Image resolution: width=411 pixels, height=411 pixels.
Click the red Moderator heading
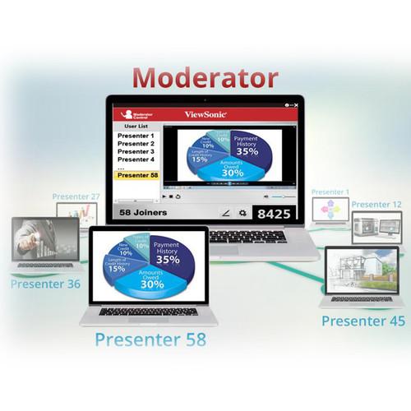pyautogui.click(x=205, y=77)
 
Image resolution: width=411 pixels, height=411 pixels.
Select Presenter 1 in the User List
pyautogui.click(x=136, y=136)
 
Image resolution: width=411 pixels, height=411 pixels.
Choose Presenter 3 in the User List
pyautogui.click(x=136, y=151)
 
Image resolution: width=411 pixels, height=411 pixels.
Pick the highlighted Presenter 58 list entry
pyautogui.click(x=137, y=175)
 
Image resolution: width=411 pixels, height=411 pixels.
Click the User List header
pyautogui.click(x=136, y=127)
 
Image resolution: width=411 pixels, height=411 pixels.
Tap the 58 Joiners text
pyautogui.click(x=144, y=213)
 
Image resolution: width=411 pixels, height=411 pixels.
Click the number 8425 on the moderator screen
pyautogui.click(x=275, y=214)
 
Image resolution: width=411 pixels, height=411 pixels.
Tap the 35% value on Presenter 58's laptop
pyautogui.click(x=169, y=260)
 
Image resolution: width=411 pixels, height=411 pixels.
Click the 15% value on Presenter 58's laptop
pyautogui.click(x=118, y=269)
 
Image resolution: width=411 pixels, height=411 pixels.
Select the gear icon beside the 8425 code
pyautogui.click(x=242, y=213)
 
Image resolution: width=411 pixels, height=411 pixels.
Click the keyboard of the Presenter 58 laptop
pyautogui.click(x=148, y=312)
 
